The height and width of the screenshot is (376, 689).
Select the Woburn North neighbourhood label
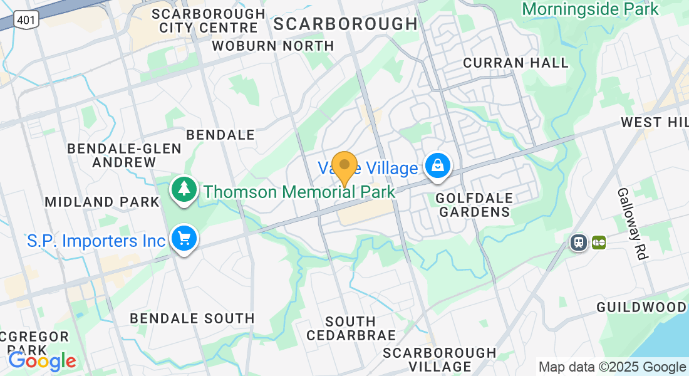(x=273, y=46)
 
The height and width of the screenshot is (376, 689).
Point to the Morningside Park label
(x=590, y=9)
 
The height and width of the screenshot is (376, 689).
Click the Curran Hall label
(x=515, y=63)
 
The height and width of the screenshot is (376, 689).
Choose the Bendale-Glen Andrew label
(x=124, y=155)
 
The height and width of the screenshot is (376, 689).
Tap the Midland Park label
(x=102, y=202)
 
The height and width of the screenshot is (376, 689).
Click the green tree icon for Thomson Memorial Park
(x=185, y=189)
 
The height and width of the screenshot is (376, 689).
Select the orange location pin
(x=344, y=166)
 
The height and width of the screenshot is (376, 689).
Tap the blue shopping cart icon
(x=184, y=239)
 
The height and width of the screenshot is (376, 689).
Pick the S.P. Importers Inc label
(x=96, y=241)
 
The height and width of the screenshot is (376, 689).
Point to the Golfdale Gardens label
(x=474, y=205)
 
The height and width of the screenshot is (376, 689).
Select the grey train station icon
(x=579, y=242)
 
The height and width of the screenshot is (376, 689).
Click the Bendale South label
(x=192, y=318)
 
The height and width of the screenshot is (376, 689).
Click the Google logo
(x=42, y=361)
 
